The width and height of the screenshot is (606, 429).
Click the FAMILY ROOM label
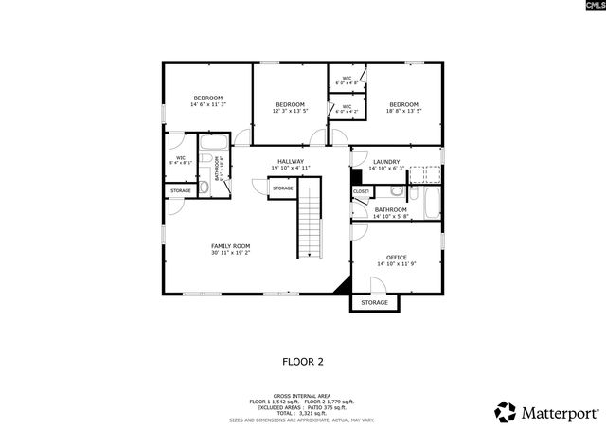tap(230, 245)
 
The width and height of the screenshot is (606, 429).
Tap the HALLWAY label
tap(291, 162)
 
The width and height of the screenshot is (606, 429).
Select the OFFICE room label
tap(396, 258)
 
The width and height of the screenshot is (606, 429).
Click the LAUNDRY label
tap(386, 162)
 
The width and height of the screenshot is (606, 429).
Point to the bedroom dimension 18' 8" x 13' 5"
tap(403, 111)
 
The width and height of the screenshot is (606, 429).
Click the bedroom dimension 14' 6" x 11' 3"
tap(207, 105)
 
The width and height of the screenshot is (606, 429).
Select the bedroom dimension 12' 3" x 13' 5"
tap(290, 111)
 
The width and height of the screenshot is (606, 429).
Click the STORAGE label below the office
tap(374, 302)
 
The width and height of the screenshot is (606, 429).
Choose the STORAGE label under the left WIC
tap(180, 191)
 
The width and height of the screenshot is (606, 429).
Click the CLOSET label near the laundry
tap(361, 191)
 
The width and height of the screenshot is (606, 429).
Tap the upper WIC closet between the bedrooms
tap(347, 80)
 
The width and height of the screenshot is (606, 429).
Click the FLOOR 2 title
tap(303, 361)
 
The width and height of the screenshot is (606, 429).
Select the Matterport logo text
tap(557, 412)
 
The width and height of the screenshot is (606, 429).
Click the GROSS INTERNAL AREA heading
tap(303, 396)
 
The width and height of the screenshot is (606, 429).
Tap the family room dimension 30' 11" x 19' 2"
tap(230, 253)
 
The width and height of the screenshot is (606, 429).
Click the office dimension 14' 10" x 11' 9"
tap(396, 264)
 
